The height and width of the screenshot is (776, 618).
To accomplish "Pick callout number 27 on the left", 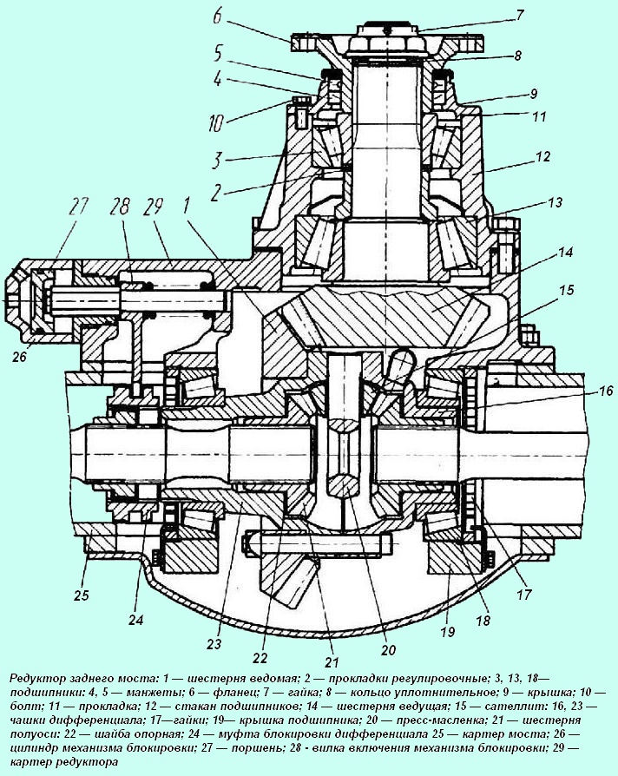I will point(80,207).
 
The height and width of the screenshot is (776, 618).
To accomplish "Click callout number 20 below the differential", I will point(387,648).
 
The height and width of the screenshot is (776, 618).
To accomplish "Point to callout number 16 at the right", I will point(590,392).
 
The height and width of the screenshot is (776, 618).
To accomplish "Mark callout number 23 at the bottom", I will point(214,643).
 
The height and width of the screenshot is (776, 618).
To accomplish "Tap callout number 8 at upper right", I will point(517,55).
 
